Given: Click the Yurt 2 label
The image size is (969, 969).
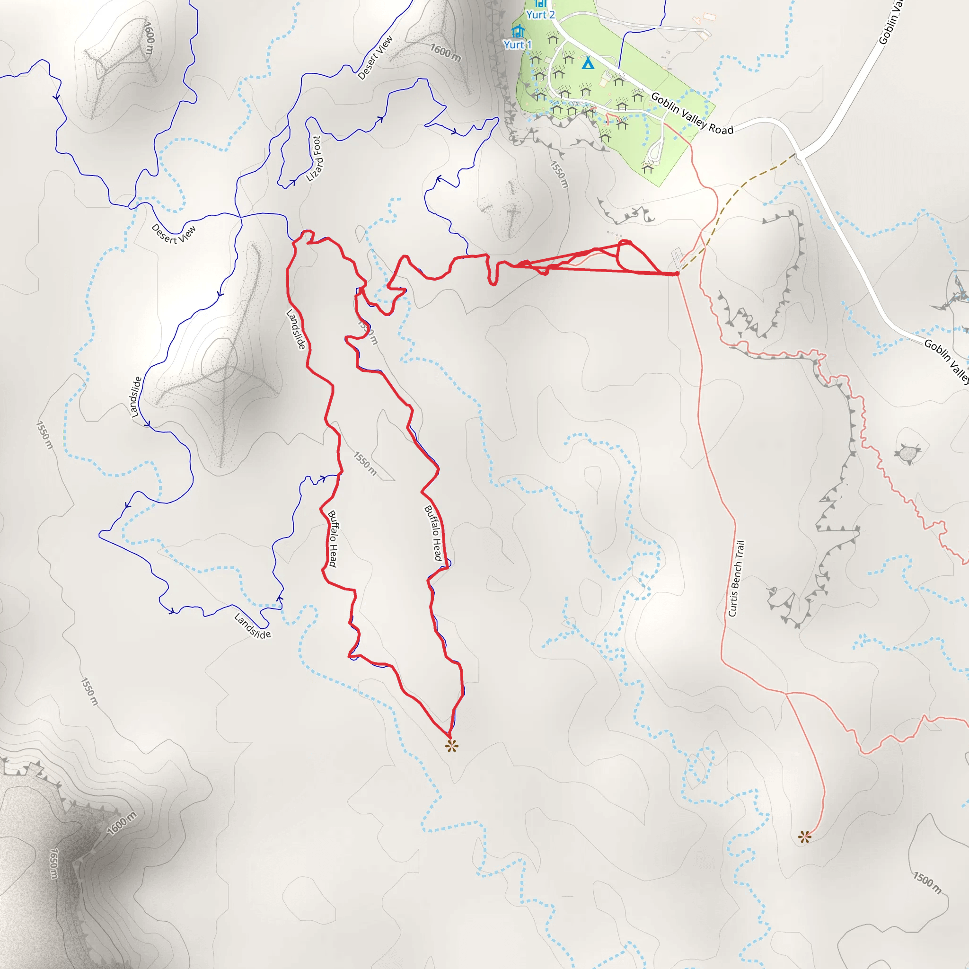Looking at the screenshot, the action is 540,15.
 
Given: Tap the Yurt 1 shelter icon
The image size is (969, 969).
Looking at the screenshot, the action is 518,31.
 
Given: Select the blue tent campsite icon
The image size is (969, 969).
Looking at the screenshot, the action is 588,63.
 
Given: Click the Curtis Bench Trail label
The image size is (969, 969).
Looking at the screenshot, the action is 736,578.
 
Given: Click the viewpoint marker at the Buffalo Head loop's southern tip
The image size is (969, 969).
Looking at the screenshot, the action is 451,746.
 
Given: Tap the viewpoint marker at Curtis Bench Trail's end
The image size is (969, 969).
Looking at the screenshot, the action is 804,837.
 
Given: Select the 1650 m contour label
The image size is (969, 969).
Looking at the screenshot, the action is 54,863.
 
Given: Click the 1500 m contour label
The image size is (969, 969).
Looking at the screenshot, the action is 927,883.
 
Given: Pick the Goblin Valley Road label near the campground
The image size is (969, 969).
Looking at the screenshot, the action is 692,114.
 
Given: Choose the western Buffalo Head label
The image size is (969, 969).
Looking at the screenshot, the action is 332,538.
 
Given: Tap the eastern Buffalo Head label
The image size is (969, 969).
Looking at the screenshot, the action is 433,533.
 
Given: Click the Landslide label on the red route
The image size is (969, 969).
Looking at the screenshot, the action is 296,329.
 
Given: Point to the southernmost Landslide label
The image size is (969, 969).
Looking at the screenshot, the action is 252,626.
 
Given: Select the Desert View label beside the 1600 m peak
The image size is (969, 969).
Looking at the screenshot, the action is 375,58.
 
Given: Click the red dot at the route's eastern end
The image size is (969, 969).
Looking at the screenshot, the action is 677,273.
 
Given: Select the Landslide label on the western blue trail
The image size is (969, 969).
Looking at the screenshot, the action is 135,396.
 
